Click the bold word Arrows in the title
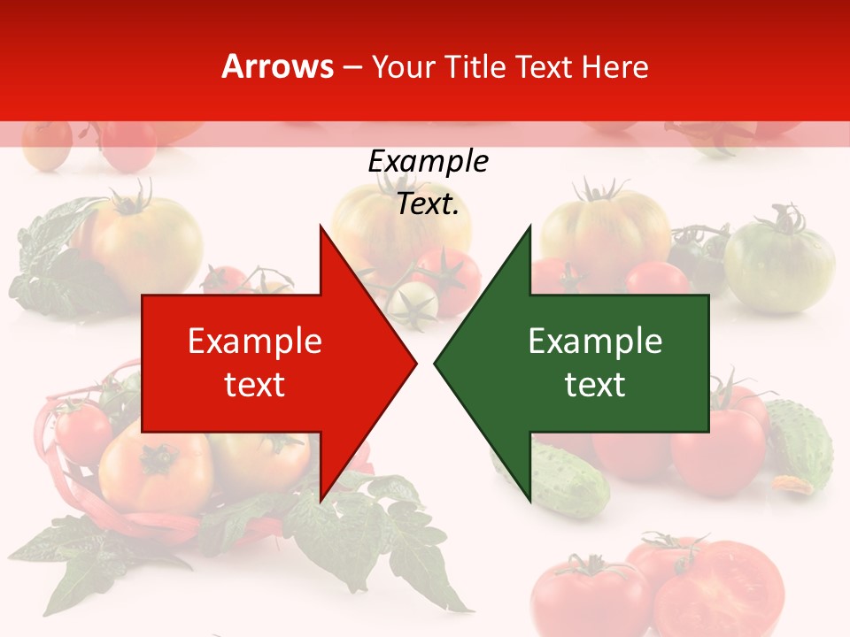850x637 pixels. (x=277, y=66)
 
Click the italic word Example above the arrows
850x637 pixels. (x=428, y=161)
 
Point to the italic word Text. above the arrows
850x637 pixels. (x=428, y=203)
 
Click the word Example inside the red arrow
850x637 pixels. (x=255, y=342)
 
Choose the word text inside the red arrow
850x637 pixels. (x=255, y=385)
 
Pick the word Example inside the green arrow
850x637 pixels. (x=595, y=342)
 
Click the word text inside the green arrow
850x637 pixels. (x=595, y=385)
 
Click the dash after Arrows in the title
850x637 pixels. (x=352, y=68)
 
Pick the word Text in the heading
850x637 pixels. (x=544, y=66)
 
